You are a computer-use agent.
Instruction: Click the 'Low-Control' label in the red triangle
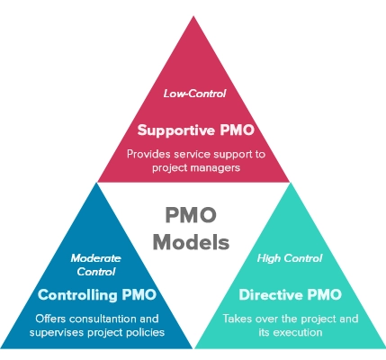(193, 94)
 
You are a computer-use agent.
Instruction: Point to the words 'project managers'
(194, 167)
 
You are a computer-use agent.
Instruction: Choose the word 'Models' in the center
(193, 242)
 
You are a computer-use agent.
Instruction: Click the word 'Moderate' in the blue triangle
(96, 257)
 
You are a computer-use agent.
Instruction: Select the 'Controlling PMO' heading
(96, 294)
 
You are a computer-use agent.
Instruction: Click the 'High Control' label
(289, 257)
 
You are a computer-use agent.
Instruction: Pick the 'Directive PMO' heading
(289, 294)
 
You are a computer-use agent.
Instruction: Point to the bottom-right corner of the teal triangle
(383, 348)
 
